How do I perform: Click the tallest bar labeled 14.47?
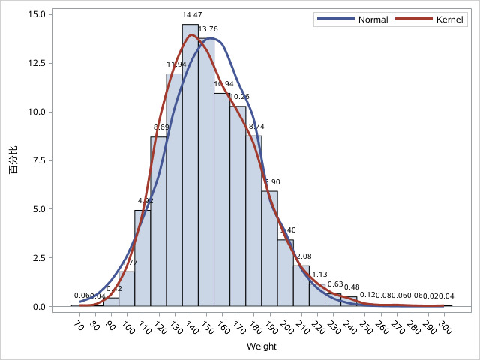tap(190, 165)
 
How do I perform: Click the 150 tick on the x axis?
tap(205, 328)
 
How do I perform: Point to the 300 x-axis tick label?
tap(445, 328)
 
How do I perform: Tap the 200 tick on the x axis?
tap(285, 328)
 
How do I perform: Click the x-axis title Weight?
tap(261, 346)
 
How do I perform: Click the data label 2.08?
tap(304, 257)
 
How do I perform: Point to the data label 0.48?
tap(351, 287)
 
